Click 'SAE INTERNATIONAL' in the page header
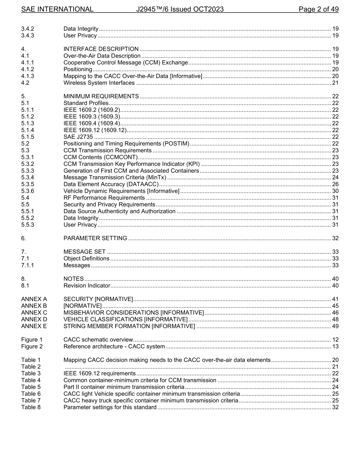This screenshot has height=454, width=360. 57,9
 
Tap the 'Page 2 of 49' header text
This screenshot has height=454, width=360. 318,9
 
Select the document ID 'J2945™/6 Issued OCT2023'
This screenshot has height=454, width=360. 180,9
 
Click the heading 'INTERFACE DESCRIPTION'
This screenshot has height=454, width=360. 101,49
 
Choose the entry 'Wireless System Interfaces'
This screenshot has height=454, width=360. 99,83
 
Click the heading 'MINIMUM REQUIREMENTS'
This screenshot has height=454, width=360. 101,96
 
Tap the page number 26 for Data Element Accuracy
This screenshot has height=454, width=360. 335,184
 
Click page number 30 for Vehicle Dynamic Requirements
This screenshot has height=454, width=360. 335,191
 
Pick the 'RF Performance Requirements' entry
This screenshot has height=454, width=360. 104,198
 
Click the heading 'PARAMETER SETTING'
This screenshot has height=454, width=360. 95,238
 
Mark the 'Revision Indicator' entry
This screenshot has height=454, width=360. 87,286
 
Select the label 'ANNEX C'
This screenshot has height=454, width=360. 34,312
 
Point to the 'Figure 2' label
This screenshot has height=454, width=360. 32,346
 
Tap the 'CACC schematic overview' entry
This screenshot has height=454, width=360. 98,340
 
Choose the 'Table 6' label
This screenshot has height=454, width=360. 31,394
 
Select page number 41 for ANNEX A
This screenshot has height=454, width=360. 335,299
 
